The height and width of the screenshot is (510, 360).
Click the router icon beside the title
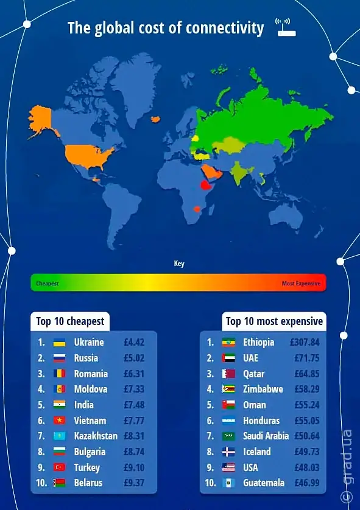285,27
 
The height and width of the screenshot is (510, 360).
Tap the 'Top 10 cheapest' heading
70,321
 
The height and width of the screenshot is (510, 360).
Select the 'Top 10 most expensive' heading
275,321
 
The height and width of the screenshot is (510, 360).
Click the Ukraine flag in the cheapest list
59,343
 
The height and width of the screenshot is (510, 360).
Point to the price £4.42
134,343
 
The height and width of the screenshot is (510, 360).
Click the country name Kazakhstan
96,436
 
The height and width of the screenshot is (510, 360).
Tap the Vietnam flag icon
59,421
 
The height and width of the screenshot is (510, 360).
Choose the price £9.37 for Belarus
134,483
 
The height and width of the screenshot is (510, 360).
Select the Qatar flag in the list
228,374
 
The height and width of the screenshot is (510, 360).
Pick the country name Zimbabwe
263,389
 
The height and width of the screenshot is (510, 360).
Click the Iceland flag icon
228,452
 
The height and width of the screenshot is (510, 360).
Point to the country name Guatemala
264,483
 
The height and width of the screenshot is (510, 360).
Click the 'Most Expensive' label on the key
300,284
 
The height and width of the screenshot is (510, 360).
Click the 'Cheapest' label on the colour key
48,284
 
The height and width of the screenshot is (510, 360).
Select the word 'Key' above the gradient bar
179,264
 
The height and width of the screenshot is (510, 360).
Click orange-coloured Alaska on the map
41,119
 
